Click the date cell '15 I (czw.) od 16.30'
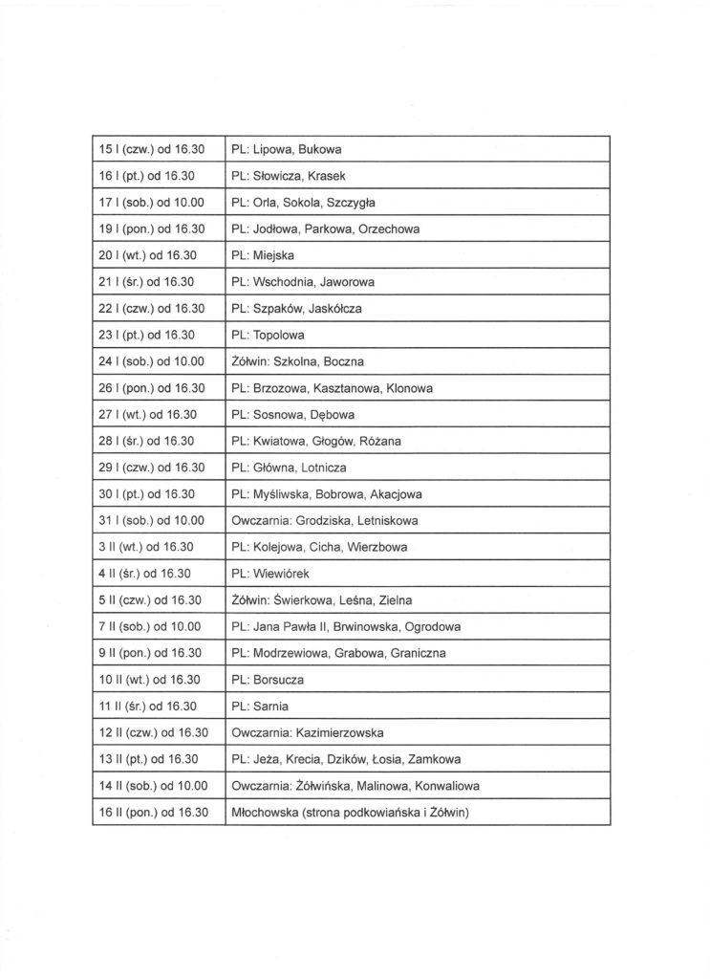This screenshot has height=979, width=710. point(153,150)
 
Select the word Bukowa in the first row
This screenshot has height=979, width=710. point(321,150)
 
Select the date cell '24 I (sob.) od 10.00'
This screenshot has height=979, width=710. point(153,361)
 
